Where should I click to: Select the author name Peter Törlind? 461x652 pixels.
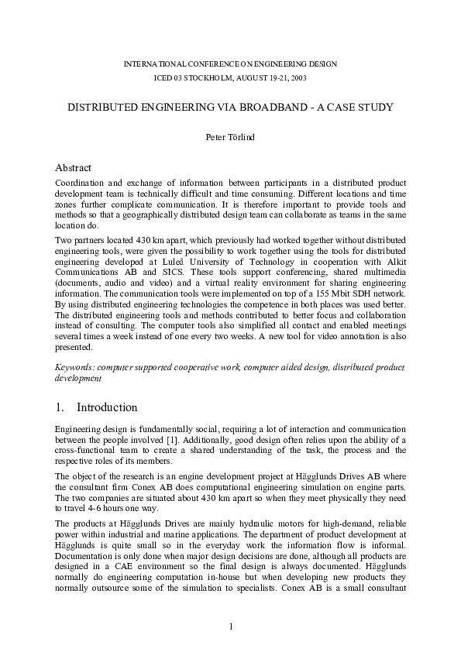[x=230, y=137]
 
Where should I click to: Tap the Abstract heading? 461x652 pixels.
[x=74, y=167]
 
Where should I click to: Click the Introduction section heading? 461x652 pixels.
[x=107, y=407]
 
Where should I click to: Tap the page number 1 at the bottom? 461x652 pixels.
[x=231, y=626]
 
